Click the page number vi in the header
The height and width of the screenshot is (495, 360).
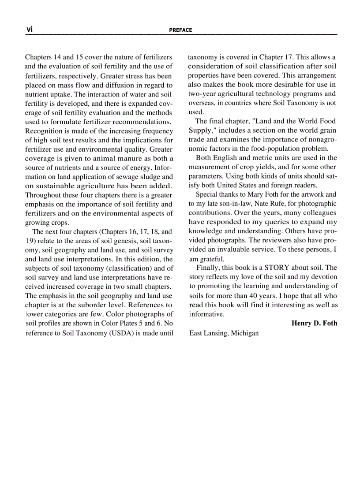29,29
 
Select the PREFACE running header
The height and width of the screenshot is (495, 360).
180,30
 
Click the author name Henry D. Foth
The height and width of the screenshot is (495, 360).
314,323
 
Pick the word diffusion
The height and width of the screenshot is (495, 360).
116,85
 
